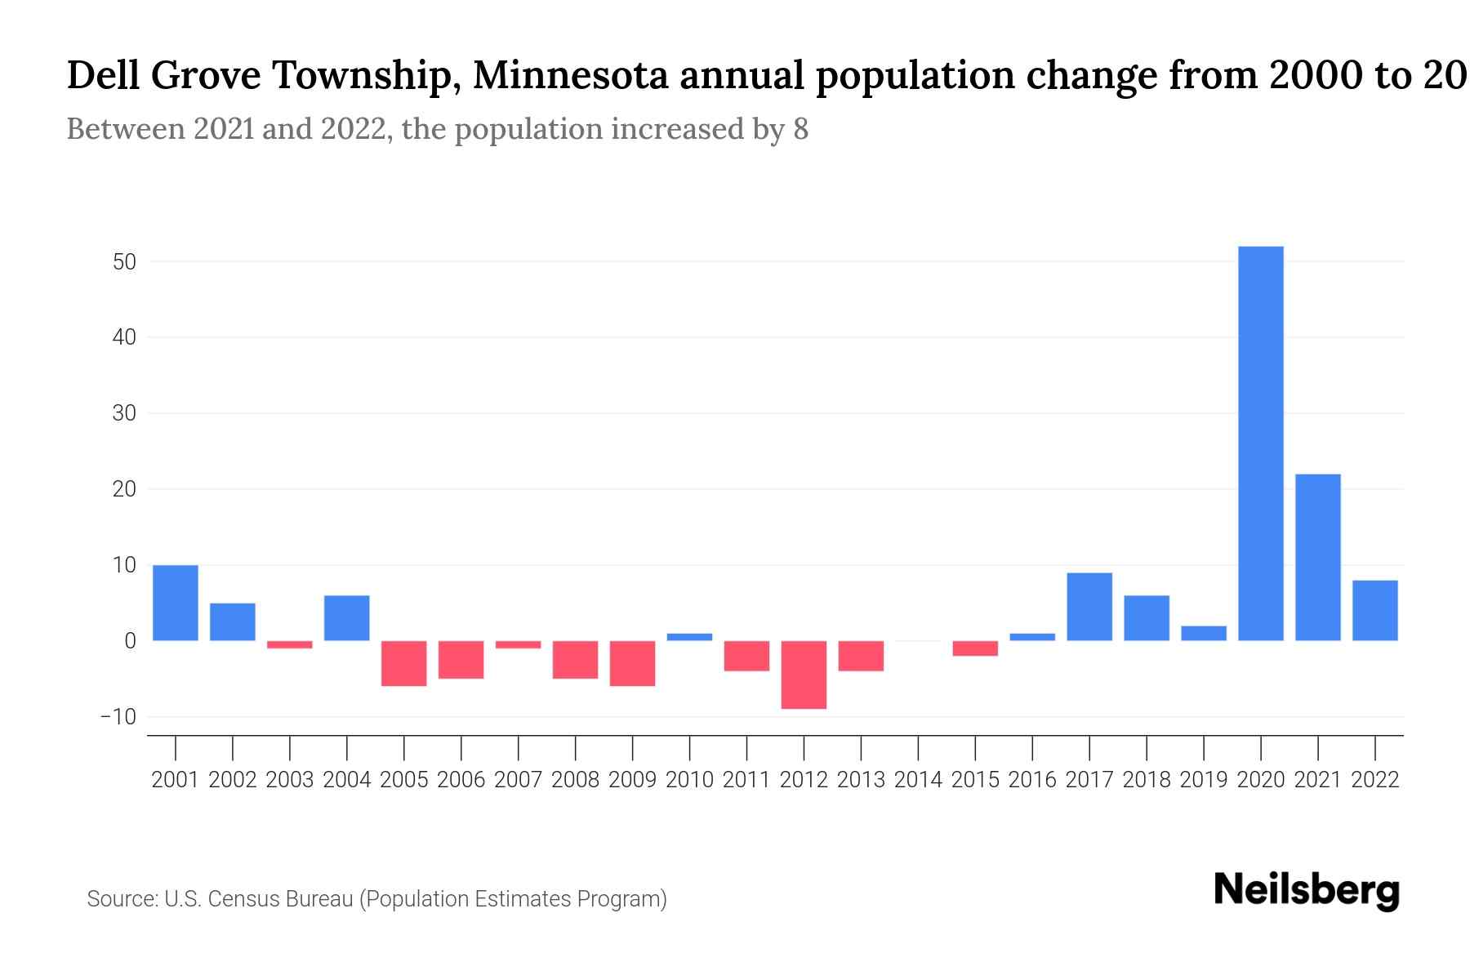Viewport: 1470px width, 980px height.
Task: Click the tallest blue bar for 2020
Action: (1260, 443)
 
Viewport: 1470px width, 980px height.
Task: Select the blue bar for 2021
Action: (1317, 557)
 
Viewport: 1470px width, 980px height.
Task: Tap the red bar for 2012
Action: (804, 675)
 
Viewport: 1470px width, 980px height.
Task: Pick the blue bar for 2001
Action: (176, 603)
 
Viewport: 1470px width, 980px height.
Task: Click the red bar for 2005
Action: (404, 663)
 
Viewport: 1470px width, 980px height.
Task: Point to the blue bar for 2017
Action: (1089, 607)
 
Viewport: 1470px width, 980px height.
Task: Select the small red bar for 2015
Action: (975, 648)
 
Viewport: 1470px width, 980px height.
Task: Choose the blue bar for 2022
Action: (1374, 610)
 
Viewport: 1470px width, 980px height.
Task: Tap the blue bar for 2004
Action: (347, 618)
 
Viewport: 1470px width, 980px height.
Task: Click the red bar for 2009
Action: (632, 663)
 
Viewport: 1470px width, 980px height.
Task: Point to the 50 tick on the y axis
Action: (124, 262)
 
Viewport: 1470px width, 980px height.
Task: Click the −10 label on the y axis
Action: (118, 717)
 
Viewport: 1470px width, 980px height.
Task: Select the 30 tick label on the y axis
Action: (124, 413)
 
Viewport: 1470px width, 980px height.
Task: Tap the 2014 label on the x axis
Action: (918, 780)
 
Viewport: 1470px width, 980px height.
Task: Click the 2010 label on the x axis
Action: (689, 780)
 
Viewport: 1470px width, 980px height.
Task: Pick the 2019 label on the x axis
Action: (1203, 780)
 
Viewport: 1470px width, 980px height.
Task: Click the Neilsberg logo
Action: (1307, 890)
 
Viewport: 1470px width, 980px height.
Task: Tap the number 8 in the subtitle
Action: (800, 129)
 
